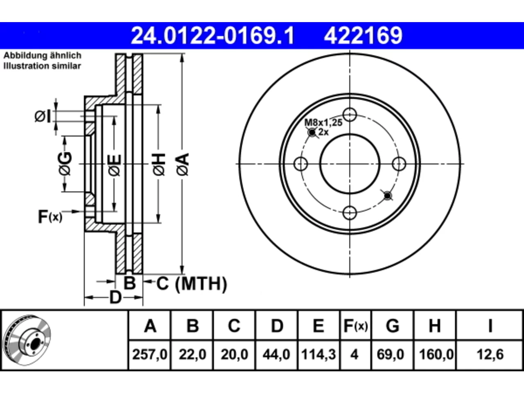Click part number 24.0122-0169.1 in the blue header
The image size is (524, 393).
click(x=213, y=36)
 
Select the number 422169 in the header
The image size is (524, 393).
click(x=363, y=36)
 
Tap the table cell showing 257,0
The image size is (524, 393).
click(x=150, y=355)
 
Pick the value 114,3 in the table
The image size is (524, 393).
click(x=318, y=355)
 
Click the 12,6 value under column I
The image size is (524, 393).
click(x=490, y=355)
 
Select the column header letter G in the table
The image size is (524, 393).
click(x=393, y=326)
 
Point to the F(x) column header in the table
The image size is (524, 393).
click(x=356, y=326)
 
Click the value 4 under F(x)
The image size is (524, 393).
click(x=355, y=355)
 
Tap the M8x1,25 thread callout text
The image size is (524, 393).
click(x=323, y=122)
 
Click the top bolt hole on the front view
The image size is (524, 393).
click(x=350, y=115)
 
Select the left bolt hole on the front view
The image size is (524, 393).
click(x=300, y=164)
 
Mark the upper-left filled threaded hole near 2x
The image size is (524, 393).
click(x=312, y=132)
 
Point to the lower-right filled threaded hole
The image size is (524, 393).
click(x=387, y=196)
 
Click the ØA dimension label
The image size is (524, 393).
click(x=183, y=165)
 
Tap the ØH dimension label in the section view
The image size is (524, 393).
click(x=159, y=165)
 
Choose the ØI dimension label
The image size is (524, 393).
click(x=43, y=117)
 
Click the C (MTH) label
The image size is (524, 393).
click(x=192, y=284)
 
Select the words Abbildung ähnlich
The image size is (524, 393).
click(x=43, y=55)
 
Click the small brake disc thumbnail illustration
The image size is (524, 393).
click(x=27, y=341)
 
